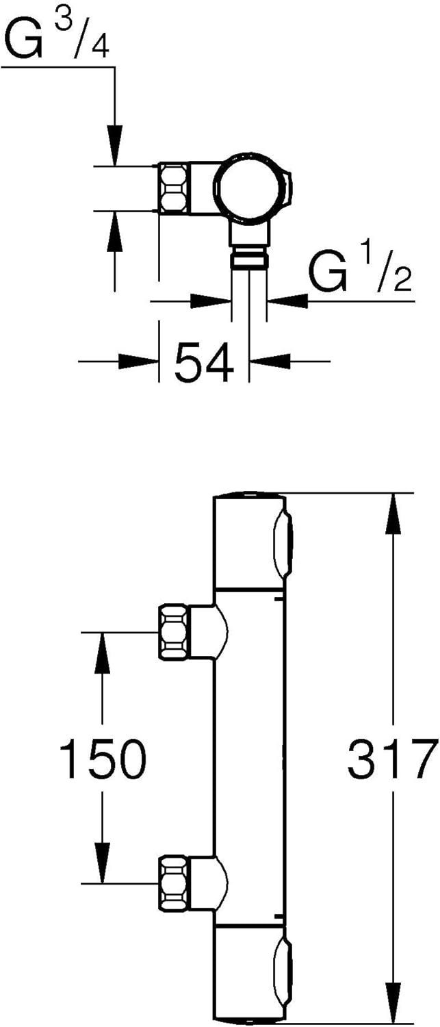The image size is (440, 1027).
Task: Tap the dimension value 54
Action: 205,362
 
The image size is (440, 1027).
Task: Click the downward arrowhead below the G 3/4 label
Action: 114,144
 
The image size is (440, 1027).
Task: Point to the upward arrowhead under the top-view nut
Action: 114,232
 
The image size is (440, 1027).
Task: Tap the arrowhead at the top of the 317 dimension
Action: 393,514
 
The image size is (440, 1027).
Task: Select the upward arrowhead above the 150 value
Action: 102,653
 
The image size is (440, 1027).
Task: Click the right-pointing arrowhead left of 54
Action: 138,362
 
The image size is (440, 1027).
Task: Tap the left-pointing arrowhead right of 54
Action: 270,362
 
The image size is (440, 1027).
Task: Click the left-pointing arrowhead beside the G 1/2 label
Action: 287,301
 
